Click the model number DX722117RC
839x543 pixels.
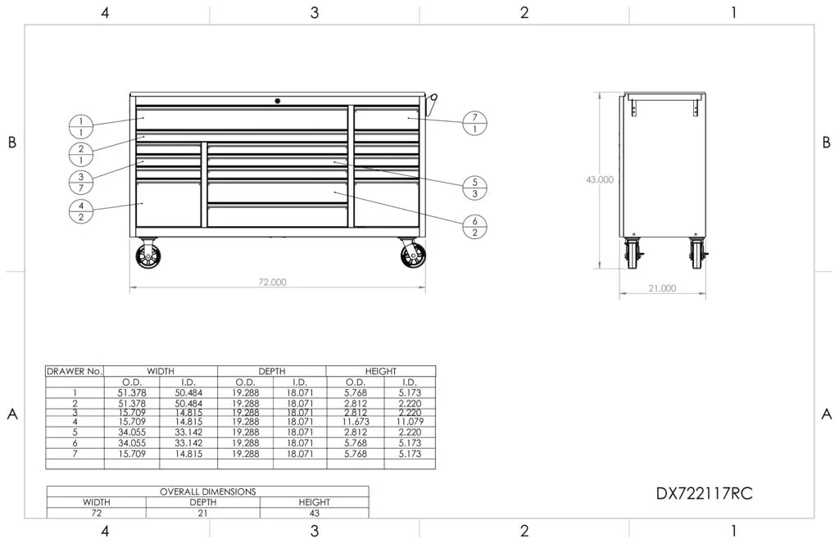(x=705, y=494)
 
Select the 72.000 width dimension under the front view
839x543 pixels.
(x=273, y=282)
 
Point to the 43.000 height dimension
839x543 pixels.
(x=600, y=180)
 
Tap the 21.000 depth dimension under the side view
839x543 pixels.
(x=662, y=287)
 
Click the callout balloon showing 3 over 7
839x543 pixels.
(x=81, y=183)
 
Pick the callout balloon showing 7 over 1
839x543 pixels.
(x=475, y=123)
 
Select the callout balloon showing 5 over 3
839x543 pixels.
(x=475, y=188)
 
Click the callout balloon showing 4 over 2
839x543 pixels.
(x=81, y=210)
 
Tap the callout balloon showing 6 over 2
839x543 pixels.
(x=475, y=226)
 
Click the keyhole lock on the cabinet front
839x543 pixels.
(x=278, y=101)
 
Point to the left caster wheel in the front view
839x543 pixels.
(x=148, y=256)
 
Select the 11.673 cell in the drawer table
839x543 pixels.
(x=355, y=422)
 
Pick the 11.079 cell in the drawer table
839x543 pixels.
(x=409, y=422)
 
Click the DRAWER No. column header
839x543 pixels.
(x=75, y=371)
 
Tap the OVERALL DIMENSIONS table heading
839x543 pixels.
(x=206, y=491)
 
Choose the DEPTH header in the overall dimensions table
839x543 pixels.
(x=202, y=502)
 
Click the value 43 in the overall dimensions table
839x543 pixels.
(x=314, y=513)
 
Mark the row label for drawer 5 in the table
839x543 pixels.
(x=75, y=431)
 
